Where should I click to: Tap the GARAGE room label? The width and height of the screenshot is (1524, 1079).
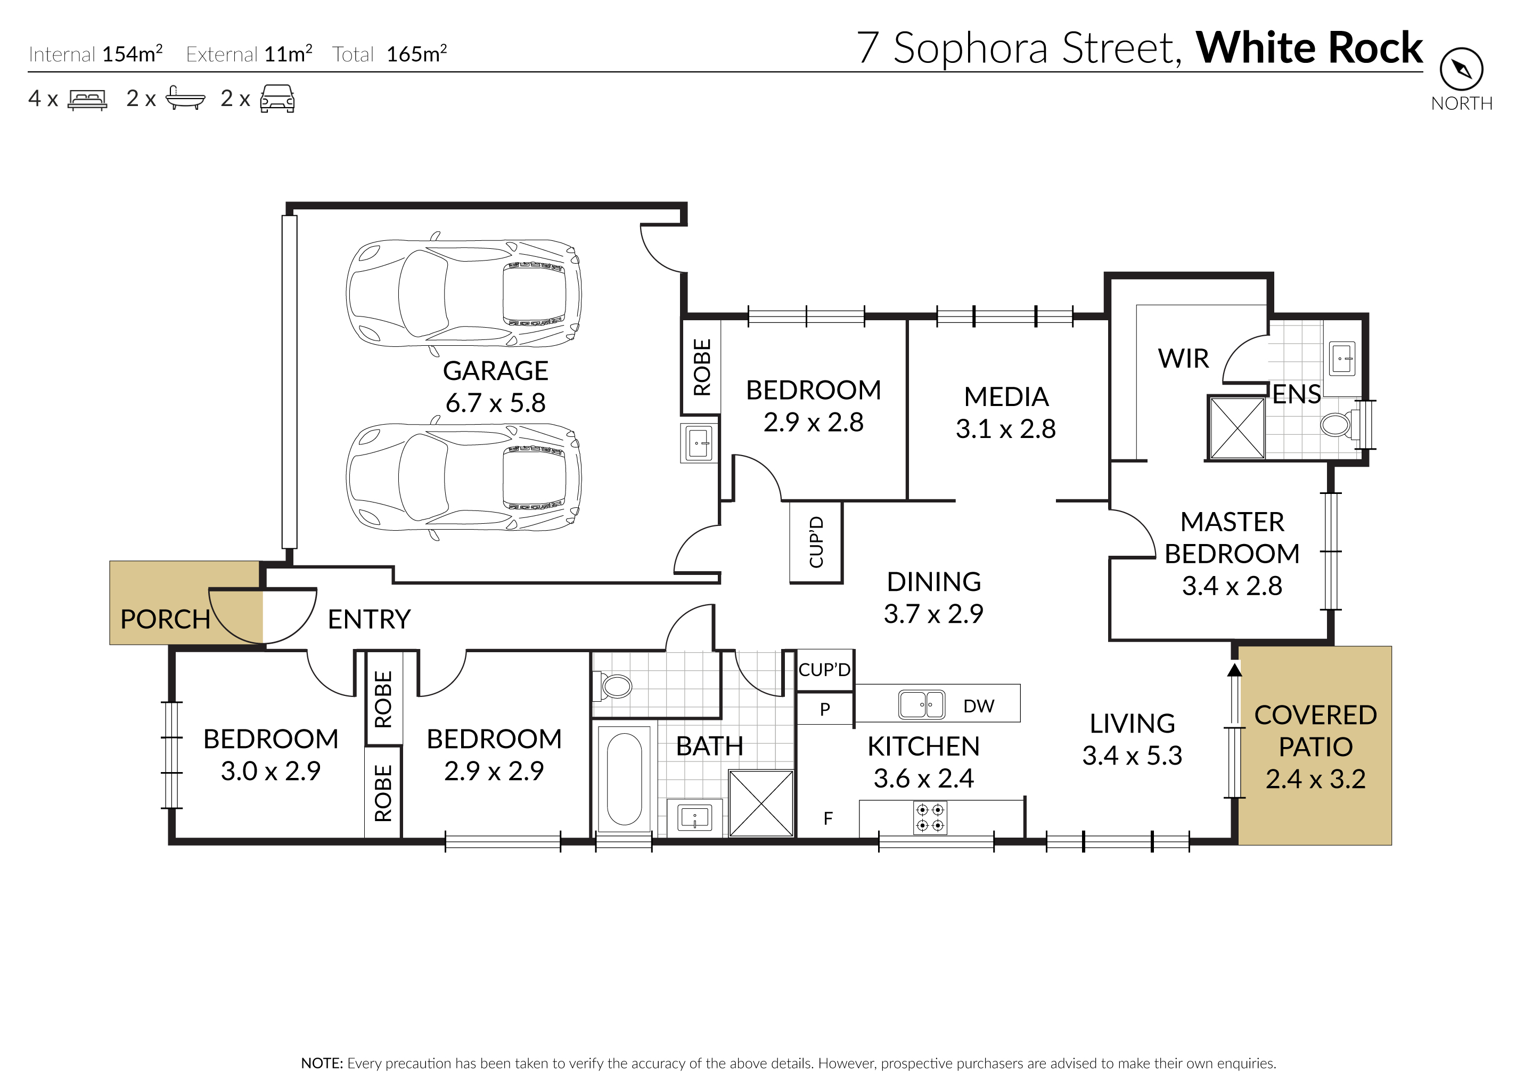pyautogui.click(x=495, y=371)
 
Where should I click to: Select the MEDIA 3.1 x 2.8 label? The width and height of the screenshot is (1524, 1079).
pyautogui.click(x=1006, y=412)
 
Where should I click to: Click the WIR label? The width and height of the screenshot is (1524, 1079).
pyautogui.click(x=1183, y=358)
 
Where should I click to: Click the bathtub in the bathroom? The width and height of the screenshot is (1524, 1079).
pyautogui.click(x=624, y=778)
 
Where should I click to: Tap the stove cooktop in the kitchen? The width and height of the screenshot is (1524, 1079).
pyautogui.click(x=930, y=818)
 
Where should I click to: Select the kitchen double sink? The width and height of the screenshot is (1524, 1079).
pyautogui.click(x=921, y=704)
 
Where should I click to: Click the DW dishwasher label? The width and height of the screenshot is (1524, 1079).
pyautogui.click(x=979, y=705)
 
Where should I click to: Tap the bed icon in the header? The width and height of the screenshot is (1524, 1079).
pyautogui.click(x=87, y=100)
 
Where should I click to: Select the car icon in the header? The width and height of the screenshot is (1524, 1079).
pyautogui.click(x=277, y=99)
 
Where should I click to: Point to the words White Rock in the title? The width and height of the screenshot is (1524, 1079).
pyautogui.click(x=1309, y=48)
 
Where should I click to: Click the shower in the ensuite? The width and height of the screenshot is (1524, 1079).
pyautogui.click(x=1237, y=428)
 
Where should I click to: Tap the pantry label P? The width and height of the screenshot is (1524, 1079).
pyautogui.click(x=825, y=710)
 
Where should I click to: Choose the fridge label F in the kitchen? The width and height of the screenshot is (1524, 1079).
pyautogui.click(x=827, y=818)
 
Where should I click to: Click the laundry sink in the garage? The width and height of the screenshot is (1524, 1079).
pyautogui.click(x=699, y=442)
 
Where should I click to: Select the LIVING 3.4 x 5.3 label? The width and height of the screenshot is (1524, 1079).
pyautogui.click(x=1132, y=740)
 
